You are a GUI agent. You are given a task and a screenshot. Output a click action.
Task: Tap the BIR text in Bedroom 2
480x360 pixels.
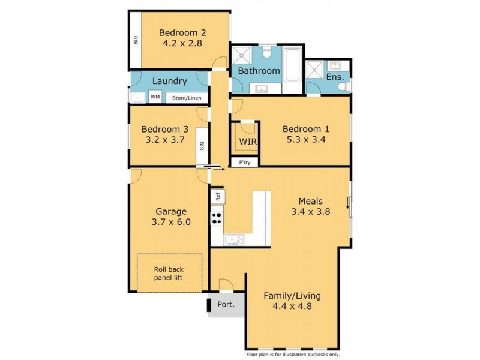[x=136, y=40]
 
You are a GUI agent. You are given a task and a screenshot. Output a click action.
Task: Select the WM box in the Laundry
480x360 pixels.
[x=155, y=97]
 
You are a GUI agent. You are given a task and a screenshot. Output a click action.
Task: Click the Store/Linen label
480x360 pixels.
[x=187, y=98]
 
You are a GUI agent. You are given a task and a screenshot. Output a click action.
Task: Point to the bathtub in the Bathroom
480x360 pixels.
[x=293, y=66]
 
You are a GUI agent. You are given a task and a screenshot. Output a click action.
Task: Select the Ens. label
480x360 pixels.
[x=335, y=77]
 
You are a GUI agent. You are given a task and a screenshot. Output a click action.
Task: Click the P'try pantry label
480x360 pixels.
[x=245, y=162]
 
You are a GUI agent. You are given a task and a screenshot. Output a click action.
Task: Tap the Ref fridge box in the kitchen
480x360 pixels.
[x=217, y=195]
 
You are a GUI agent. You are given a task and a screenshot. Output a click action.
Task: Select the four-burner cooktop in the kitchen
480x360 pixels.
[x=217, y=218]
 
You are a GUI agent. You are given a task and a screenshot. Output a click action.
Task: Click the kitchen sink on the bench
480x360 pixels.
[x=233, y=241]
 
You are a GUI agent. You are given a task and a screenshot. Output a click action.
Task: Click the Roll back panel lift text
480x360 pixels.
[x=172, y=273]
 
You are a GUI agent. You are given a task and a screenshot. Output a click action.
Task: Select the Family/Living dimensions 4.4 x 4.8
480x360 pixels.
[x=292, y=306]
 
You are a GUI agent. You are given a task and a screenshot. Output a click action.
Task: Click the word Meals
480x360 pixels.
[x=311, y=201]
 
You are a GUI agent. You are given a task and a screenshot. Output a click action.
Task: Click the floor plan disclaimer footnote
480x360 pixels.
[x=292, y=355]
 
